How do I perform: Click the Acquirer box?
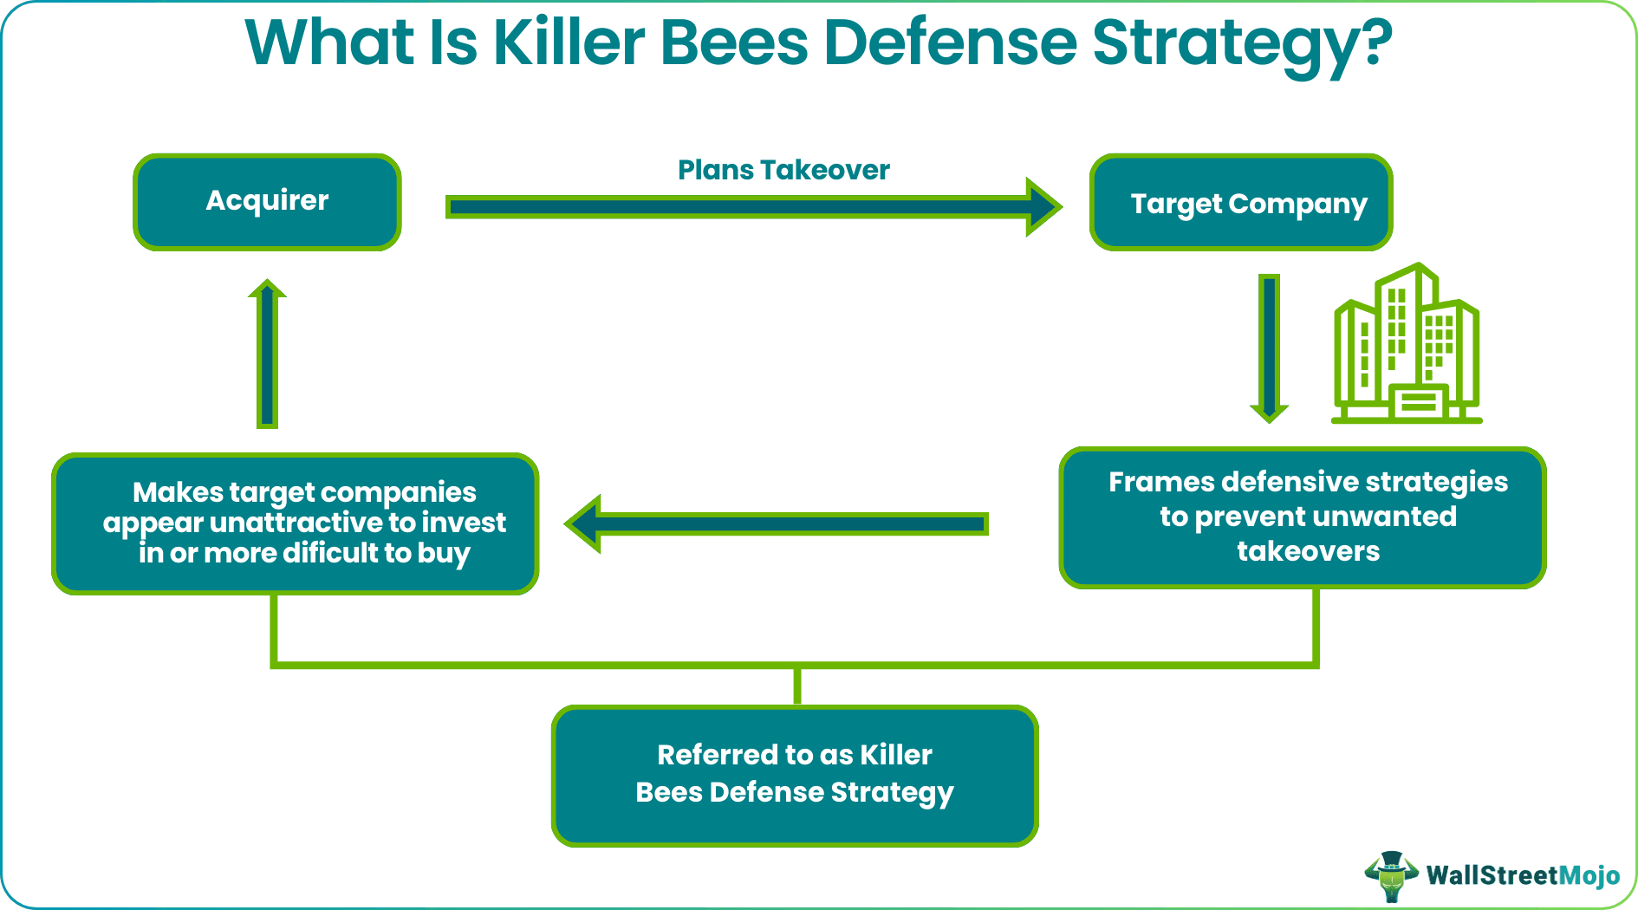point(267,202)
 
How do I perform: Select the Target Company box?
point(1240,203)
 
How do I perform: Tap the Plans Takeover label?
point(783,170)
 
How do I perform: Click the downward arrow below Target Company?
point(1269,347)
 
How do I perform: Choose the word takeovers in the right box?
point(1308,551)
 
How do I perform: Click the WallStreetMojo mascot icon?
point(1392,875)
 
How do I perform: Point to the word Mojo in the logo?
point(1589,875)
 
